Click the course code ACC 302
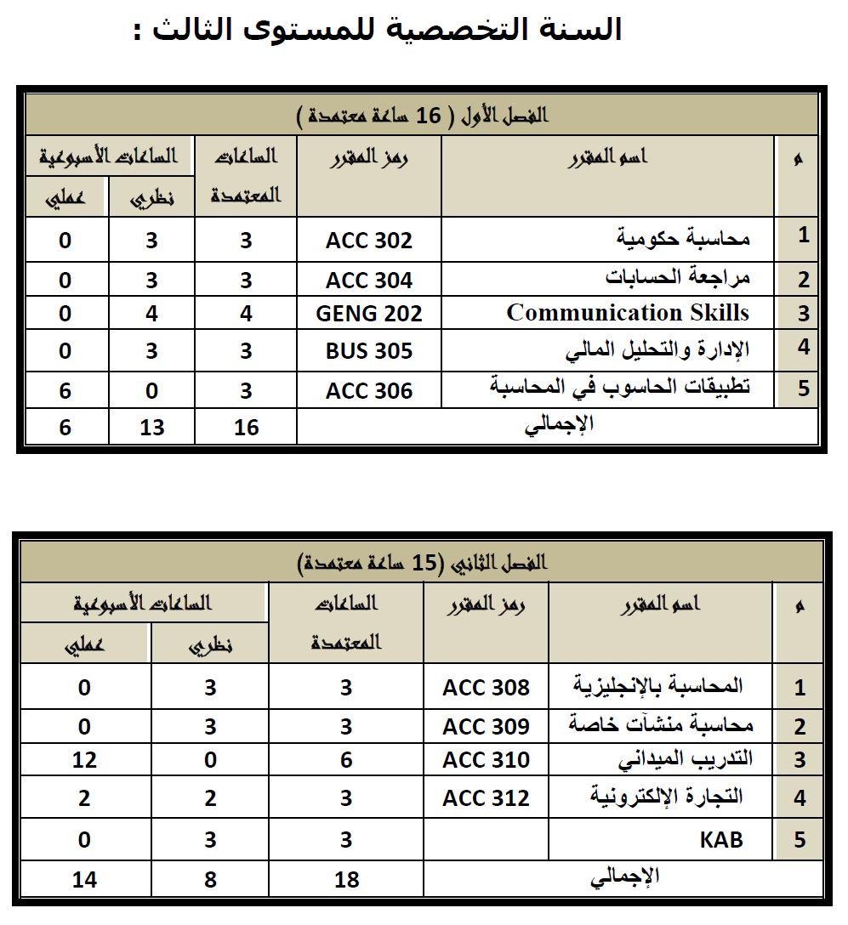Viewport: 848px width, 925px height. point(369,241)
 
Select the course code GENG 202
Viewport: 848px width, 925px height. point(369,314)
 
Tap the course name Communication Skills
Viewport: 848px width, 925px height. point(628,313)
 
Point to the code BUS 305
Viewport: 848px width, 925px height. point(369,351)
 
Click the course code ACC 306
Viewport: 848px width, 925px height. point(369,391)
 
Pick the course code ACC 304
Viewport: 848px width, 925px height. point(369,280)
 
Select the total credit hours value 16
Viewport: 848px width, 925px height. point(246,427)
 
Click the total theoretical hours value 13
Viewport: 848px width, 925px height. point(151,427)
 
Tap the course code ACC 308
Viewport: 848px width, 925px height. point(486,687)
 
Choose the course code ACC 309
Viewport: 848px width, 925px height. point(486,727)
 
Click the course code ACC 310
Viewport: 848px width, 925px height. point(486,759)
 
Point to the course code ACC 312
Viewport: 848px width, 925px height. point(486,798)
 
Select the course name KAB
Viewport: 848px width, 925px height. point(721,840)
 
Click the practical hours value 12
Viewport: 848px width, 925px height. point(84,759)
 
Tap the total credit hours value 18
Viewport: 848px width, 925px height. point(346,879)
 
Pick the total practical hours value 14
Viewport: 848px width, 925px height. point(84,879)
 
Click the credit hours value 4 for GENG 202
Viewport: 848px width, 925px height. point(246,314)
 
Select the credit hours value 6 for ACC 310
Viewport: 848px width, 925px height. point(346,759)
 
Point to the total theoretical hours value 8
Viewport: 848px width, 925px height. point(210,879)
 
